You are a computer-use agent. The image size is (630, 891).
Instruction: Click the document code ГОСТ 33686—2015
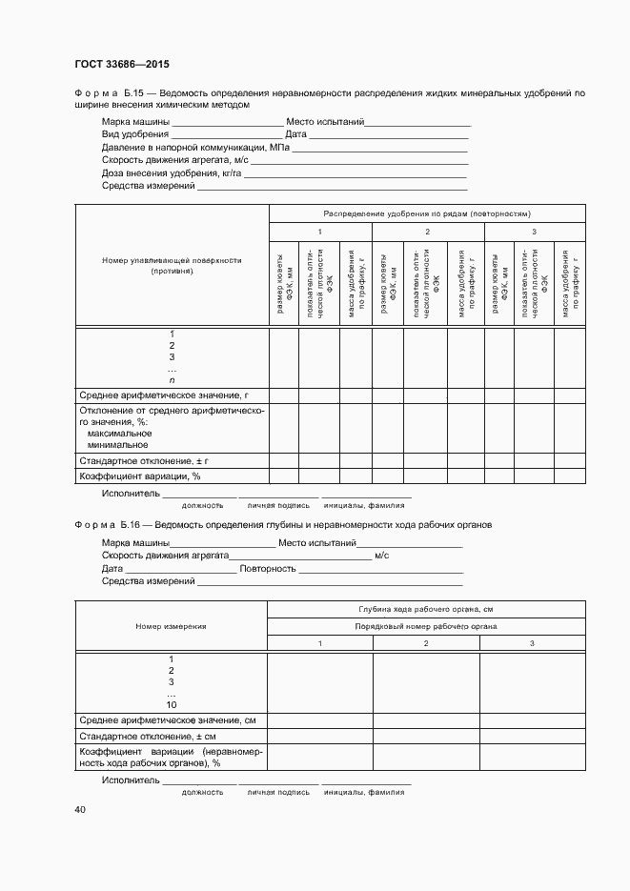(121, 65)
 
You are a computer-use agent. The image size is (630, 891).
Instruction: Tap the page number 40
(80, 809)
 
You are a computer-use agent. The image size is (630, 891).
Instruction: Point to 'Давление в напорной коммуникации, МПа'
(194, 148)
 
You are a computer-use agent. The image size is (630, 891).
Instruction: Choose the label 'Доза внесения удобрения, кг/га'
(172, 173)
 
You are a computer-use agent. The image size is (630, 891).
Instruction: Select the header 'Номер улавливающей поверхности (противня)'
(172, 265)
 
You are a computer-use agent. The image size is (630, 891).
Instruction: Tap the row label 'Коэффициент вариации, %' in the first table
(139, 475)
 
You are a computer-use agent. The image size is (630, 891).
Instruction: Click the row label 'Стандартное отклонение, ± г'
(143, 460)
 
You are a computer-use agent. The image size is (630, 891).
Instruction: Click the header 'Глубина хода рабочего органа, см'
(425, 608)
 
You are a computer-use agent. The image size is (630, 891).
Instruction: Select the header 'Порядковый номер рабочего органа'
(425, 626)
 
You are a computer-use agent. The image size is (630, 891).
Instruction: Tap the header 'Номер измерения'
(172, 626)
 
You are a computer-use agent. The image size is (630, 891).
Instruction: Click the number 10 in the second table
(172, 704)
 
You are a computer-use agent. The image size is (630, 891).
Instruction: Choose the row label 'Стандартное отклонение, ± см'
(148, 737)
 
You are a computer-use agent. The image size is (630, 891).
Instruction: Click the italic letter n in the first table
(172, 380)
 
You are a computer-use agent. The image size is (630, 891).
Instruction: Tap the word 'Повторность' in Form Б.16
(268, 568)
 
